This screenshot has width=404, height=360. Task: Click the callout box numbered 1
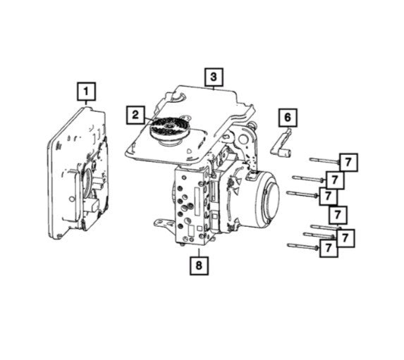point(86,92)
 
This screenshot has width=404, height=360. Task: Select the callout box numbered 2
point(135,115)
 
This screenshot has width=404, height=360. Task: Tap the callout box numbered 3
point(214,77)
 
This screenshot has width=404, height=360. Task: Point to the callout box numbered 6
point(288,118)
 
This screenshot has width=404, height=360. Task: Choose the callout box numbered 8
point(199,266)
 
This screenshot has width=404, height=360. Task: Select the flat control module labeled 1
point(78,174)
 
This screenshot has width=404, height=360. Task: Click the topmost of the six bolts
point(324,161)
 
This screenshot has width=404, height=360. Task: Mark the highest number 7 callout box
point(348,162)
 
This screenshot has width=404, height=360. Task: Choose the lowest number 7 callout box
point(329,248)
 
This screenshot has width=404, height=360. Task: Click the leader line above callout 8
point(199,252)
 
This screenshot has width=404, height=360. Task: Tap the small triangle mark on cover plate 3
point(190,151)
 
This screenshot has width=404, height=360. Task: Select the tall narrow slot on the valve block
point(197,201)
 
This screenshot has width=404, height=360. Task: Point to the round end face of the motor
point(270,198)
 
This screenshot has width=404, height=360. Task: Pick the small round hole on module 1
point(71,199)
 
